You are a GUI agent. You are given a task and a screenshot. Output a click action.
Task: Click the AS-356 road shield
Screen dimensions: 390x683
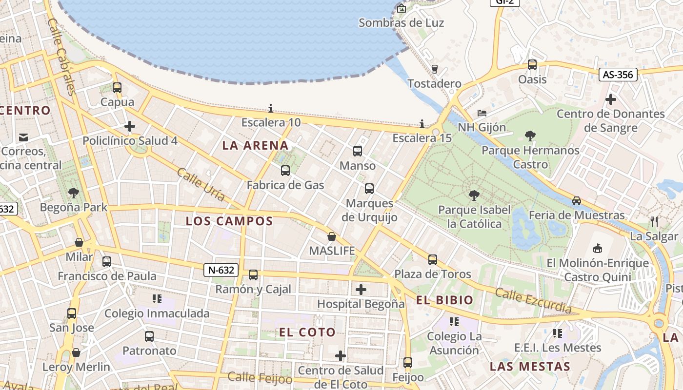[x=618, y=75]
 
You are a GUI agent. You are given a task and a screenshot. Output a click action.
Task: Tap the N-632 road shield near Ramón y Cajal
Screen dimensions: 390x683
[x=221, y=270]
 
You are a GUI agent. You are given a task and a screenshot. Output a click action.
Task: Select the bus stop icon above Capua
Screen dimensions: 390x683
[x=117, y=88]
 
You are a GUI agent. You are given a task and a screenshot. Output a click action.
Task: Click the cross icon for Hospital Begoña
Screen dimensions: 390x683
[x=361, y=290]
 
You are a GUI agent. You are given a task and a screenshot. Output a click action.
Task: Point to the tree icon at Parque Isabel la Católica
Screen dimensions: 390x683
[x=473, y=195]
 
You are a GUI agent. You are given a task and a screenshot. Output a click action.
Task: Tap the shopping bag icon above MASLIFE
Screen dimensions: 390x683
[x=332, y=236]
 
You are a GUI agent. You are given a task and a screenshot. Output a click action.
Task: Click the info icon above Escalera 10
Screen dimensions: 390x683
[x=271, y=108]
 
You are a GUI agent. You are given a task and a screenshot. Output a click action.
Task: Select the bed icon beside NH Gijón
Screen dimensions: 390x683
[x=482, y=113]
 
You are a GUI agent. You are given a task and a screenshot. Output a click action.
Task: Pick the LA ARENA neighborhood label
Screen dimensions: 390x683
[x=255, y=145]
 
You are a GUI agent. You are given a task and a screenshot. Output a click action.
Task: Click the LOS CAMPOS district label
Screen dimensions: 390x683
[x=229, y=221]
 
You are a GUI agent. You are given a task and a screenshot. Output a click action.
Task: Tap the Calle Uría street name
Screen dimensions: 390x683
[x=201, y=185]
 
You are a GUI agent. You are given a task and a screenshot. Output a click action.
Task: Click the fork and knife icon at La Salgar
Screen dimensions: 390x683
[x=654, y=222]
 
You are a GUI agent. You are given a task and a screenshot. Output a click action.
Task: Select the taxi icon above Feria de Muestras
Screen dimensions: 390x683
[x=577, y=200]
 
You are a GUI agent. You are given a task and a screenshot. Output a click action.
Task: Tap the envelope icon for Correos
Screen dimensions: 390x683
[x=23, y=137]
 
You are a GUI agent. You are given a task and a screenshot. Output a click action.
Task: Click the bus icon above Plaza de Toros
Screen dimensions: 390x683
[x=433, y=259]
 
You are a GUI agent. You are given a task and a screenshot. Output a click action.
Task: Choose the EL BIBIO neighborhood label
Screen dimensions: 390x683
[x=444, y=300]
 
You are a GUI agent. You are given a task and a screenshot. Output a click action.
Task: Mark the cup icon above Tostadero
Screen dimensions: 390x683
[x=435, y=69]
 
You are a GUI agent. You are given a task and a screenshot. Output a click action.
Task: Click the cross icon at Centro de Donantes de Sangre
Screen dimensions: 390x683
[x=610, y=99]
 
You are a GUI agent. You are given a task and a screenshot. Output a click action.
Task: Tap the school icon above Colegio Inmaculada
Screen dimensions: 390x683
[x=157, y=298]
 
